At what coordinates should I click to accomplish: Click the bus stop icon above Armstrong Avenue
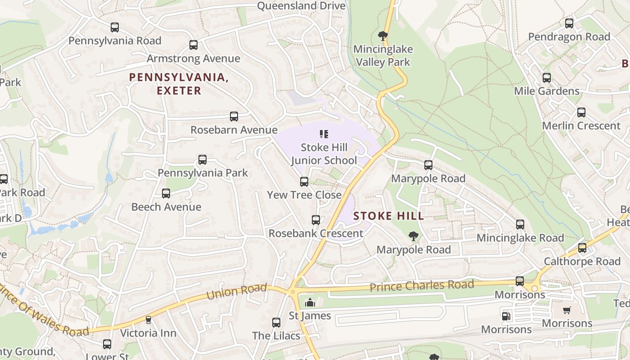coord(193,45)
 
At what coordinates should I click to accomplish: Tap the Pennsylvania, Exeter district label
coord(179,84)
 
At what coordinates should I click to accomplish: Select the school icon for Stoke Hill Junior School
coord(324,134)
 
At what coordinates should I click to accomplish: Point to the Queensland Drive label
coord(301,6)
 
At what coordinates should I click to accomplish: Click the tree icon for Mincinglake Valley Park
coord(383,36)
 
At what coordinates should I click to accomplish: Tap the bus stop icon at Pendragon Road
coord(569,23)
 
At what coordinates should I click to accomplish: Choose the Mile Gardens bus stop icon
coord(547,78)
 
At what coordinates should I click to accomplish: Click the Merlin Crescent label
coord(581,126)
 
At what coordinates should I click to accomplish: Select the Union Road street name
coord(237,292)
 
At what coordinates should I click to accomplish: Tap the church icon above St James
coord(310,302)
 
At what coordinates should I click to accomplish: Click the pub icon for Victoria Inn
coord(148,320)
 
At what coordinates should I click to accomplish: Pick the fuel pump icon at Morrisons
coord(506,316)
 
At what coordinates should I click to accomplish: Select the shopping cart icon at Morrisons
coord(567,310)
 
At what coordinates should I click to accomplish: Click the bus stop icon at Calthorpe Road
coord(582,248)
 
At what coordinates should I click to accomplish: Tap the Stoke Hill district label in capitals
coord(389,216)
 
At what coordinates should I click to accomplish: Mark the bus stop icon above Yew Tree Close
coord(304,182)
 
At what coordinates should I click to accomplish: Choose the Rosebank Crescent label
coord(315,234)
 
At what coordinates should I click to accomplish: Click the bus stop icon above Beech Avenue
coord(166,193)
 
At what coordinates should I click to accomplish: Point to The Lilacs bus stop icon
coord(276,323)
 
